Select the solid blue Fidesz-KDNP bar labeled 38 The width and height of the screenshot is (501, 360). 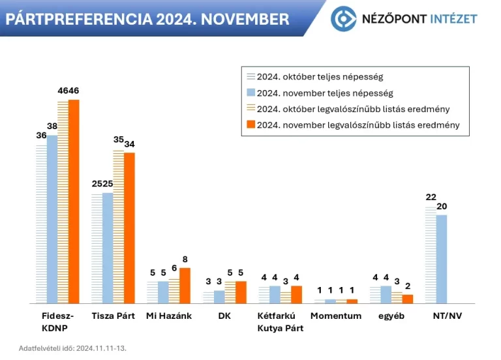52,219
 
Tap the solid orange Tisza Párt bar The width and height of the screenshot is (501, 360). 129,228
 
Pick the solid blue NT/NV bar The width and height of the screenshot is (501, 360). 442,259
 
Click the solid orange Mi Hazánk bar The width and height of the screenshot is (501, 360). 185,286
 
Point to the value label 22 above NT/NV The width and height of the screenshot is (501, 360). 431,198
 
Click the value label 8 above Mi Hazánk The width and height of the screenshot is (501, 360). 185,259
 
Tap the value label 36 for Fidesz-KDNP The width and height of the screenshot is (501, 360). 41,136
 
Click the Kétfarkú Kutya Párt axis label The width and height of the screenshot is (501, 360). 280,322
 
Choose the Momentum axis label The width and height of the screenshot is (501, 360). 335,316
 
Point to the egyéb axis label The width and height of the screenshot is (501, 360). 391,316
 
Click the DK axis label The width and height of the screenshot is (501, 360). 224,316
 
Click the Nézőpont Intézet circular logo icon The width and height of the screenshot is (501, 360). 343,18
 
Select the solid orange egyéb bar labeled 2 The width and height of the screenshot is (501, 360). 408,299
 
